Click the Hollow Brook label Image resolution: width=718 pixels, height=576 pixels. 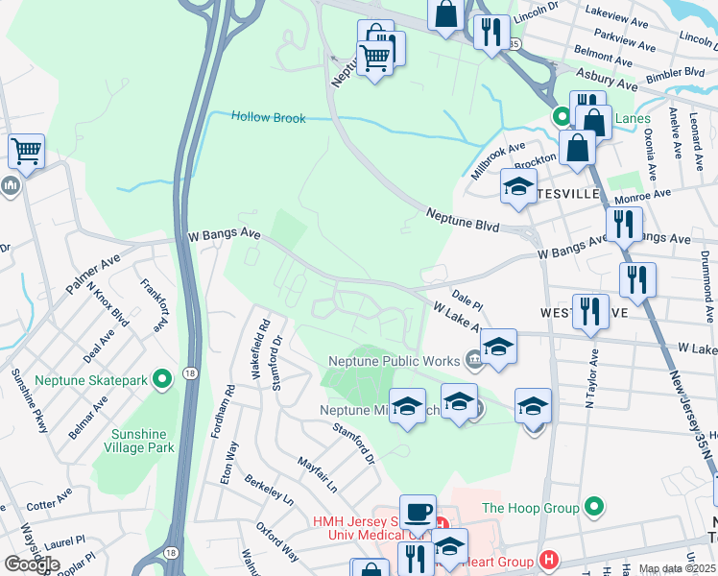[x=269, y=118]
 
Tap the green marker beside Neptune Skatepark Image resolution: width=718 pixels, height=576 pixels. [x=162, y=380]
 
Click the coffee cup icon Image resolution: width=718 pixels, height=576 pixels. [x=418, y=512]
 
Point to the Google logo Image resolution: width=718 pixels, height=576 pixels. [x=32, y=564]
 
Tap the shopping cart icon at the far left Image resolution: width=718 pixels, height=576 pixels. [x=26, y=151]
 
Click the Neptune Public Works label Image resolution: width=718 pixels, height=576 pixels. [x=395, y=362]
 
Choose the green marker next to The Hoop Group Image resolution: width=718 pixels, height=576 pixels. [x=594, y=507]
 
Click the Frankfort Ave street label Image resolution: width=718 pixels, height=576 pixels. [x=154, y=305]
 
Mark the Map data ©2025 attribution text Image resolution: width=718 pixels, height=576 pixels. [x=677, y=568]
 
